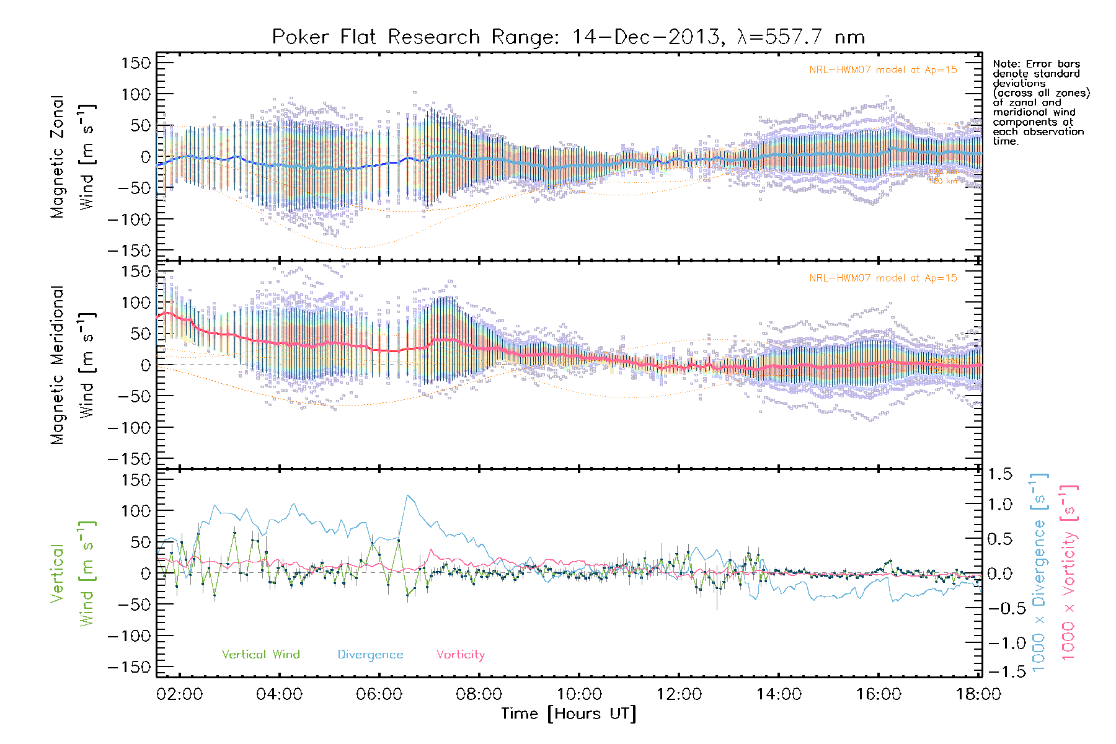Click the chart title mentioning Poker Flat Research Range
[568, 37]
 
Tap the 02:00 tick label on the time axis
[179, 694]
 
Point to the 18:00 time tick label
[978, 694]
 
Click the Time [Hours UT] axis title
[569, 714]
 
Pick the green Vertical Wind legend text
[260, 654]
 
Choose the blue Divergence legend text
[370, 654]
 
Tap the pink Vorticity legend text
[460, 654]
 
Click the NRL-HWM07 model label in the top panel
[883, 70]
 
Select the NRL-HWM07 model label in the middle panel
[883, 278]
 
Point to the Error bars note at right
[1040, 102]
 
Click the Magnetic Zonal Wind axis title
[73, 156]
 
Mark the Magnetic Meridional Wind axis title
[73, 365]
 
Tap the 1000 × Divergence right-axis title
[1039, 572]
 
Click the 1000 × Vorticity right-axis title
[1068, 572]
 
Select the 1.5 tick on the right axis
[1000, 474]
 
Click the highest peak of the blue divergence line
[407, 495]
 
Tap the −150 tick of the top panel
[129, 250]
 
